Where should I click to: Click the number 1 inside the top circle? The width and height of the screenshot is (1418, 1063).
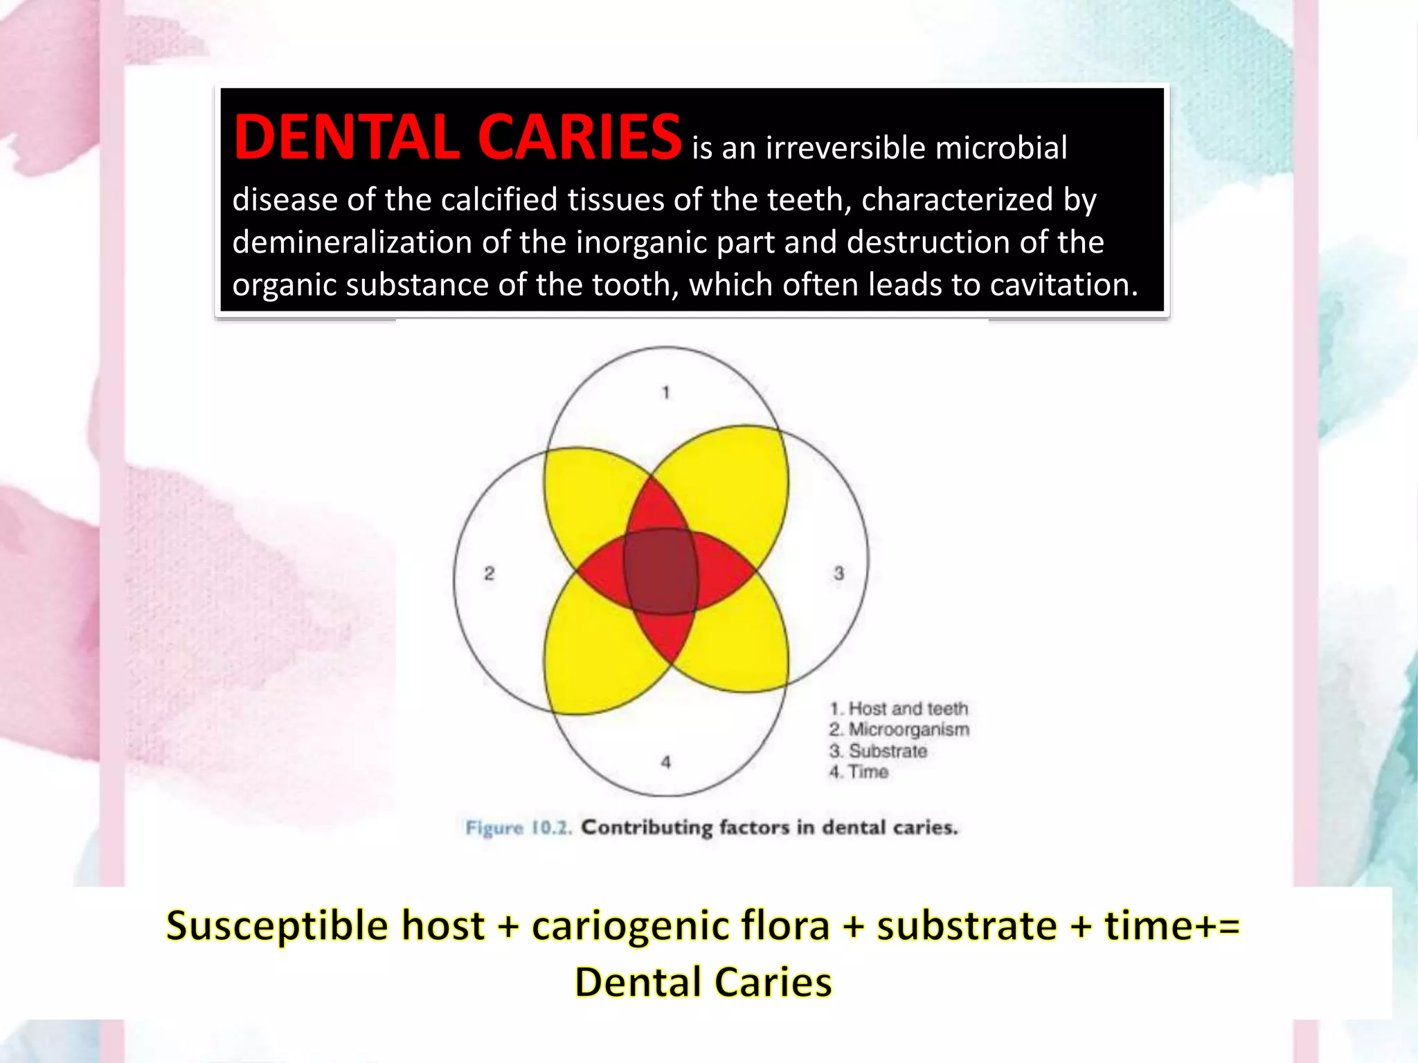click(666, 393)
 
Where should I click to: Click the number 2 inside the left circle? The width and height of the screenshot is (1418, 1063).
click(489, 573)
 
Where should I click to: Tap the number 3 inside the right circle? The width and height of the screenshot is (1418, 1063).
click(839, 573)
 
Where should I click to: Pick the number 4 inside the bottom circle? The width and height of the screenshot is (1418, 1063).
click(666, 762)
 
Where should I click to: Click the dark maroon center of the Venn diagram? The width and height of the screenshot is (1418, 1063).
click(661, 571)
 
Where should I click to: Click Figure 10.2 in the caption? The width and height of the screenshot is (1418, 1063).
click(519, 828)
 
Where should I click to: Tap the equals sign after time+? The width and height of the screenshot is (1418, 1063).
click(1228, 926)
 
